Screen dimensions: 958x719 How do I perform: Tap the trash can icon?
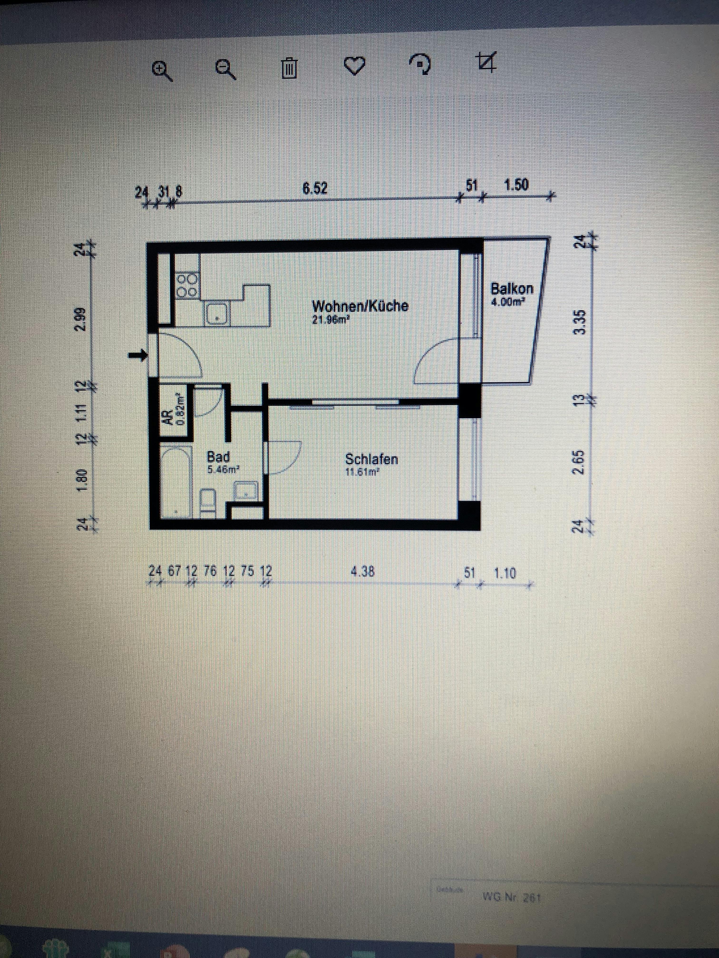pos(289,68)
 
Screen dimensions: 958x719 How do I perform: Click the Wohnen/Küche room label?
pos(360,306)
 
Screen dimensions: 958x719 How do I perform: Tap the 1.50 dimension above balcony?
pos(517,185)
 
